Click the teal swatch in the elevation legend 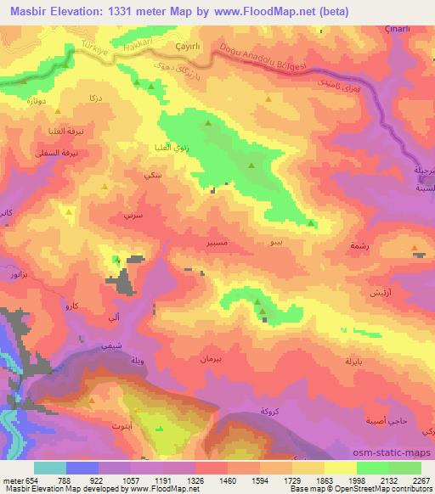pyautogui.click(x=50, y=468)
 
